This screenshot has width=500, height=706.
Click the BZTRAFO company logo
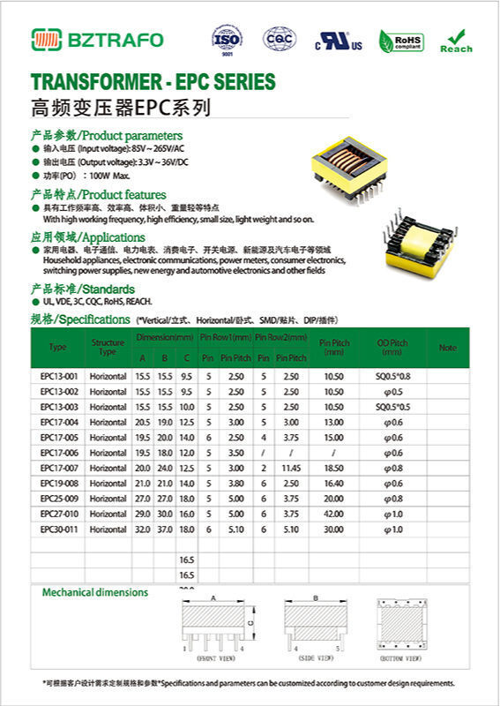pos(97,39)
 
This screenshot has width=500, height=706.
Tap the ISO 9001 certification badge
pos(226,39)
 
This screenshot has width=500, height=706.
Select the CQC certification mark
pos(280,39)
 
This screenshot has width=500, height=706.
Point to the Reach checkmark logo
pos(456,40)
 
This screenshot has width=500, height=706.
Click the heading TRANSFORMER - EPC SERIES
pos(153,82)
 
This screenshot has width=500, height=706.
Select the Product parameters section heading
pos(107,136)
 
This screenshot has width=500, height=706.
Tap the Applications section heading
pos(88,237)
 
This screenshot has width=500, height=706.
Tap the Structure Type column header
pos(108,347)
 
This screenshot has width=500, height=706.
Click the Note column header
pos(448,348)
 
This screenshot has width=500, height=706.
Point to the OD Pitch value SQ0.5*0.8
pos(393,377)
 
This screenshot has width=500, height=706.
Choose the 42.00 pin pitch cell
pos(333,514)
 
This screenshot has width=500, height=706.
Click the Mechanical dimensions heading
pos(95,593)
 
